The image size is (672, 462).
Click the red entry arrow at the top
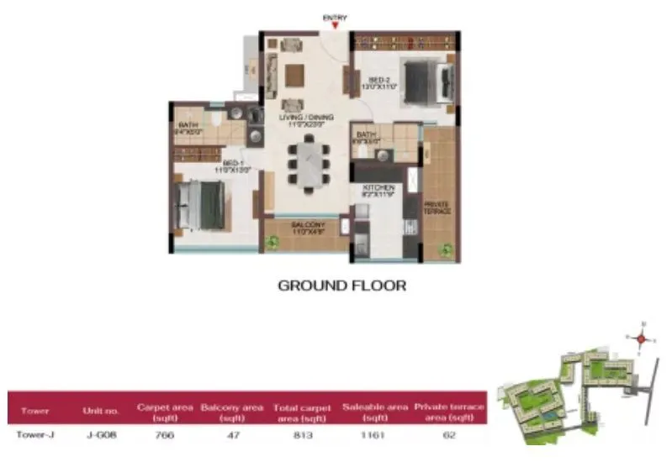pos(336,26)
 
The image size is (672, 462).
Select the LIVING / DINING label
pos(305,118)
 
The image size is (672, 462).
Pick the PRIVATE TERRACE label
pos(437,207)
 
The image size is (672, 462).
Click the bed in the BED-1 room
pos(203,204)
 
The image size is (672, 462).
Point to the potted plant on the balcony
pos(272,243)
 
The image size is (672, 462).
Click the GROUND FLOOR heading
pos(342,286)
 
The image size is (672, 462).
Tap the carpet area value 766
pos(163,434)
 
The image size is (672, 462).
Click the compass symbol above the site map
pos(641,339)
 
